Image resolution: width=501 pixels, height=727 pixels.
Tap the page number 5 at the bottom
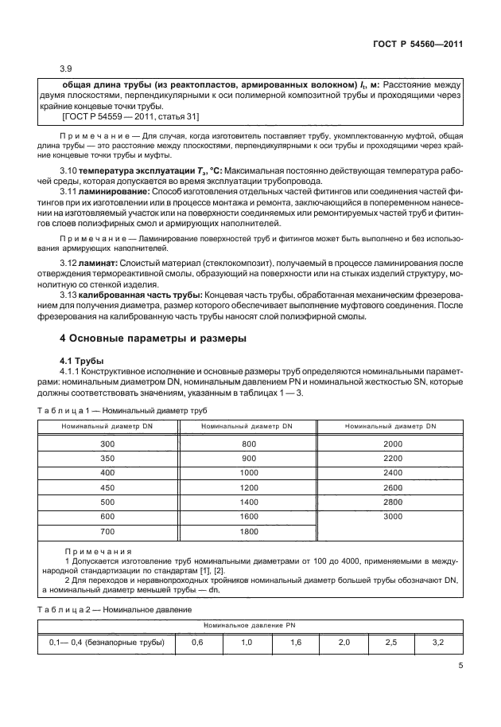(x=460, y=667)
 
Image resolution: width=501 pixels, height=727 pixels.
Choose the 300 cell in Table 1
(x=107, y=444)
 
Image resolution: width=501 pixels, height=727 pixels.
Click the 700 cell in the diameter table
(x=107, y=531)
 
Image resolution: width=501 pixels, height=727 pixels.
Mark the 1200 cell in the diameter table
(x=249, y=487)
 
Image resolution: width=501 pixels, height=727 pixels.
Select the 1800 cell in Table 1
(x=249, y=531)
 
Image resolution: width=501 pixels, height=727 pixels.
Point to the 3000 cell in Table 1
(x=392, y=517)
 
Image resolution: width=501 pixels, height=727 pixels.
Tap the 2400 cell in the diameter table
(x=392, y=473)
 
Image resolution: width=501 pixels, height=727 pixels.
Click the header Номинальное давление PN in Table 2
(x=250, y=626)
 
